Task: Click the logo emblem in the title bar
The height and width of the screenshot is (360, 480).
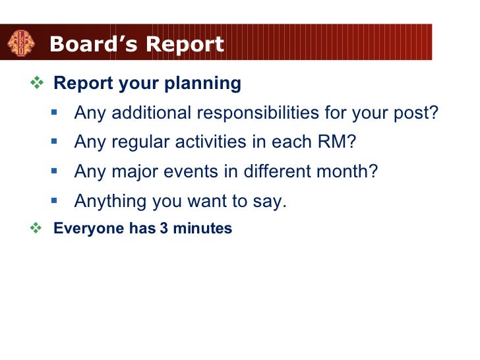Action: [x=20, y=44]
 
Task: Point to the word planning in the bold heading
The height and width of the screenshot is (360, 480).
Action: [x=204, y=84]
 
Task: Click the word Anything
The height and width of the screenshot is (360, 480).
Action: [x=109, y=201]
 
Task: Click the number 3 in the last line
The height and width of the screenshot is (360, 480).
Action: [x=163, y=229]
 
